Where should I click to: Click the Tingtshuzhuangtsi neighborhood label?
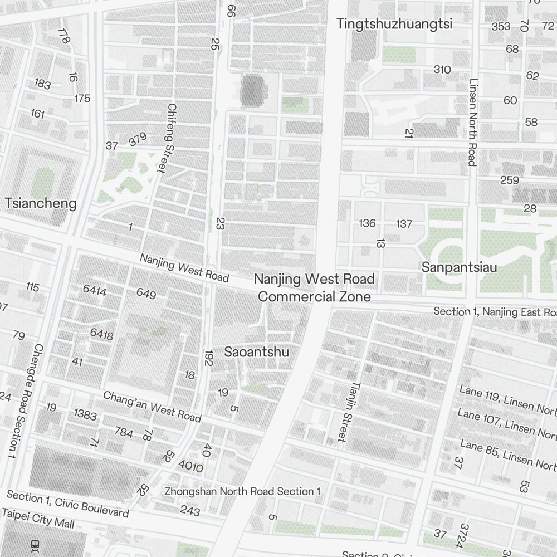(394, 24)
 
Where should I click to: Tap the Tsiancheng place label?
(41, 203)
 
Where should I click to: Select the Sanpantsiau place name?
(459, 267)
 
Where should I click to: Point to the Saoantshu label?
(257, 351)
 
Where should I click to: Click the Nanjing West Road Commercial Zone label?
(314, 287)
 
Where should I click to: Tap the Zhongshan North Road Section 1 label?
(242, 491)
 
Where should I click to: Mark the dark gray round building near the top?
(253, 90)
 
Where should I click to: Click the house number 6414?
(94, 290)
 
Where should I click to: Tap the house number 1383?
(85, 415)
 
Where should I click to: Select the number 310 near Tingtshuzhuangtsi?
(442, 70)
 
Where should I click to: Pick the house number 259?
(509, 180)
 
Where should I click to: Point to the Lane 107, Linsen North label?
(506, 422)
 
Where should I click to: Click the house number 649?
(146, 294)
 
